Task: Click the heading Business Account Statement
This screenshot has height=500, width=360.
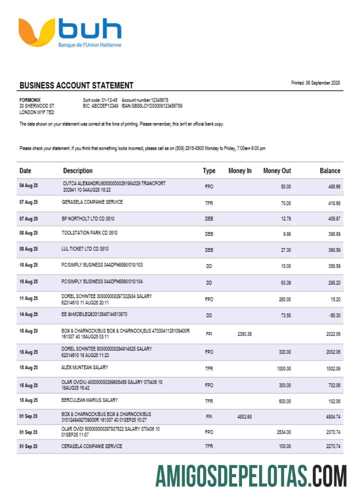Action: tap(76, 85)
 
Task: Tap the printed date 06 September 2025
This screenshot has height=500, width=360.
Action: tap(315, 83)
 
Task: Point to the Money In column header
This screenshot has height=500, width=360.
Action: tap(240, 171)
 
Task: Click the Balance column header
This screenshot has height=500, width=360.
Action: tap(330, 171)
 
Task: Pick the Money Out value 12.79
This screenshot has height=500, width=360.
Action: tap(285, 218)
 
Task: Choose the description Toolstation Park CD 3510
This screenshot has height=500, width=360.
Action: tap(89, 233)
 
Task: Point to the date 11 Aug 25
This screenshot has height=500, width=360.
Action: tap(28, 298)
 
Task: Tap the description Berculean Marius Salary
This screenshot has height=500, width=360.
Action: tap(90, 400)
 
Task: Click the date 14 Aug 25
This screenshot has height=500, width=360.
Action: tap(28, 315)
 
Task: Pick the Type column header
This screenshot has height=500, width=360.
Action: tap(209, 171)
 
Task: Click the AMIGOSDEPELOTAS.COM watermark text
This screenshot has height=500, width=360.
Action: tap(251, 475)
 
